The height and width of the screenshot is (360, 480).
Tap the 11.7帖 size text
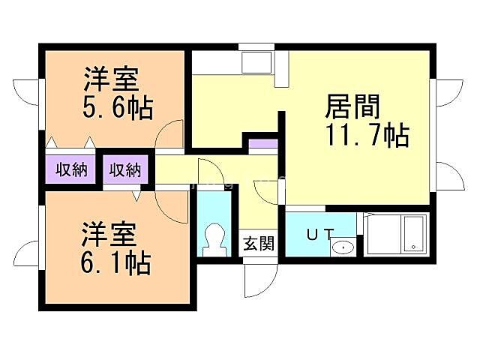366,136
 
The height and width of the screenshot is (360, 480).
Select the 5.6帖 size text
116,108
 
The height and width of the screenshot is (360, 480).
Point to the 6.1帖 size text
116,262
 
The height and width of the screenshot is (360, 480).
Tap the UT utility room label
317,234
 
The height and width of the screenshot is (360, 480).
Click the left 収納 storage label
72,169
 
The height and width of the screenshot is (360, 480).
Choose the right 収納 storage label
125,169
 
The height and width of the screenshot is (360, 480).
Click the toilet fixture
214,238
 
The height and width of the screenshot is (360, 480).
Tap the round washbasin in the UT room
343,247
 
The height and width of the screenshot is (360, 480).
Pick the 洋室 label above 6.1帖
109,235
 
